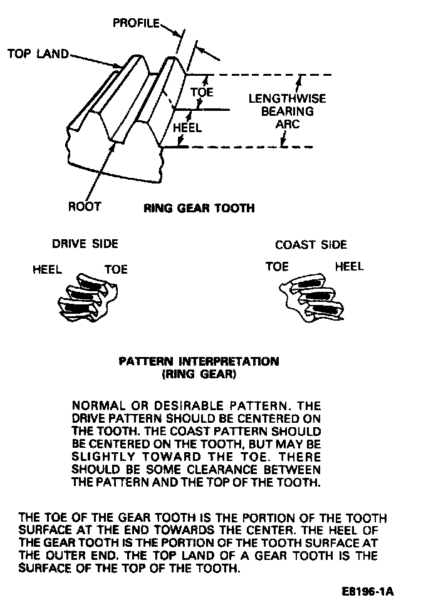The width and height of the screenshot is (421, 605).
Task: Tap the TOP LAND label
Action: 38,54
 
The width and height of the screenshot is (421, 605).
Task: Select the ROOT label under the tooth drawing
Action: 84,206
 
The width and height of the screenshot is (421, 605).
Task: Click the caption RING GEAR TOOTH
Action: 199,208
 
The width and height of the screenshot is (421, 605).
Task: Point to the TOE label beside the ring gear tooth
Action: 202,92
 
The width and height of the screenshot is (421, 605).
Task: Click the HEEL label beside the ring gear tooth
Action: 187,128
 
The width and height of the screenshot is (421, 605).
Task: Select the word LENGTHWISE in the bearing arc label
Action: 288,99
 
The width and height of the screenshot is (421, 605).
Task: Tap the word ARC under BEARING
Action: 288,124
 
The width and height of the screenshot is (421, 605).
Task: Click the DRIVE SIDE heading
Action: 85,244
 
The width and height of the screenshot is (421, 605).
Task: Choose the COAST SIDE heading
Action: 311,245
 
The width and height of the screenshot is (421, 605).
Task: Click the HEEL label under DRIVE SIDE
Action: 47,270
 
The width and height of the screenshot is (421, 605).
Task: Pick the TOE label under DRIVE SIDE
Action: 115,270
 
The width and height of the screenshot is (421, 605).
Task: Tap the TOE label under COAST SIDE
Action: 277,267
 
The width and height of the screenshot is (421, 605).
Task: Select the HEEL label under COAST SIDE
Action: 350,267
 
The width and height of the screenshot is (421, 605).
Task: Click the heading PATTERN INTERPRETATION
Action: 199,361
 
